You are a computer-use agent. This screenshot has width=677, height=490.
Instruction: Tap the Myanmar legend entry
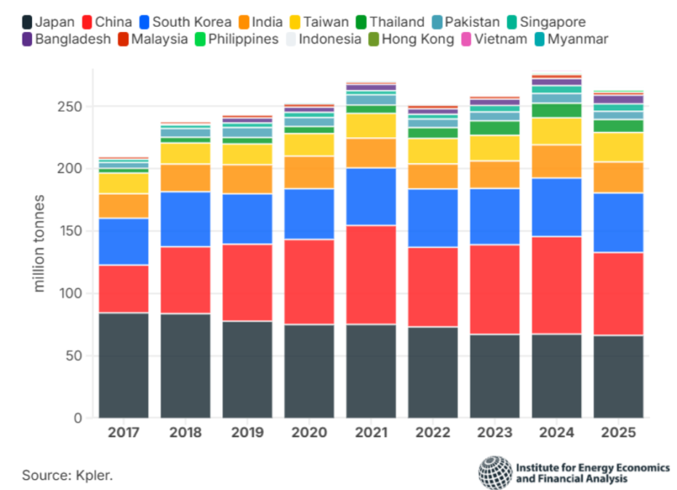(x=571, y=39)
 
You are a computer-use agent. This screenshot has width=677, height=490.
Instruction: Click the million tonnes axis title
(x=39, y=243)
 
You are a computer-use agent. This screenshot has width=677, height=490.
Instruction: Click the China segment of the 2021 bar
(x=371, y=275)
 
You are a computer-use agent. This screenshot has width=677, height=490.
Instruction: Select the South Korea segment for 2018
(x=185, y=219)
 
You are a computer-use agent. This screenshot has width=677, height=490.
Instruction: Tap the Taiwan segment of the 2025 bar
(x=618, y=147)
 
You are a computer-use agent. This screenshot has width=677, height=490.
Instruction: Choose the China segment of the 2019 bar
(x=247, y=282)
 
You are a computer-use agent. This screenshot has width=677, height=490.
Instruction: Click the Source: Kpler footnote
(x=68, y=475)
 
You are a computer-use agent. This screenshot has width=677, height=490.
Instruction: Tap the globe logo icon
(x=495, y=473)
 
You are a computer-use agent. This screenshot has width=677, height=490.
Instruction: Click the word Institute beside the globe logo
(x=539, y=467)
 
